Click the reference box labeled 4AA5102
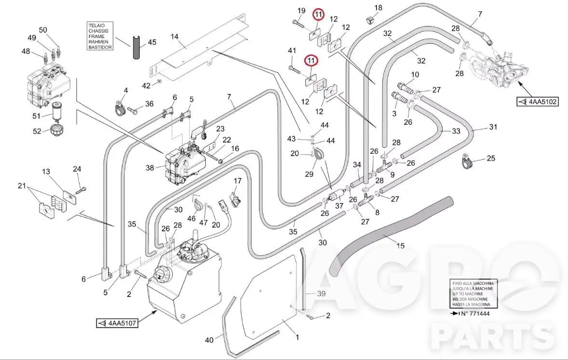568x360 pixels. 538,102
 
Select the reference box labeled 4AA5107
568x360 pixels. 117,323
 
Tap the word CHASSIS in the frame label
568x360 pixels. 98,31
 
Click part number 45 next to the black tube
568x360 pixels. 152,42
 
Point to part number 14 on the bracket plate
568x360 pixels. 175,37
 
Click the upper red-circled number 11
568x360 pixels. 318,15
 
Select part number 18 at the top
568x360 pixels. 378,8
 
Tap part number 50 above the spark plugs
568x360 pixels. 43,30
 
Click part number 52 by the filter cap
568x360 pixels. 37,131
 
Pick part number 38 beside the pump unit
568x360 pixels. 150,168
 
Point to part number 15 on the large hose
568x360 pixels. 400,246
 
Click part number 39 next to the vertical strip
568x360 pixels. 321,293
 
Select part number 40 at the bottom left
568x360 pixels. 209,340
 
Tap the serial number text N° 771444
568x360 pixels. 475,314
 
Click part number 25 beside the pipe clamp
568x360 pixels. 491,158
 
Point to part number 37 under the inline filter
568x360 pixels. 339,206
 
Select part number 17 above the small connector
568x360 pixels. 238,181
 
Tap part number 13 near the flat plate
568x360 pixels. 46,171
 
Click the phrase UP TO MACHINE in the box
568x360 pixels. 468,293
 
